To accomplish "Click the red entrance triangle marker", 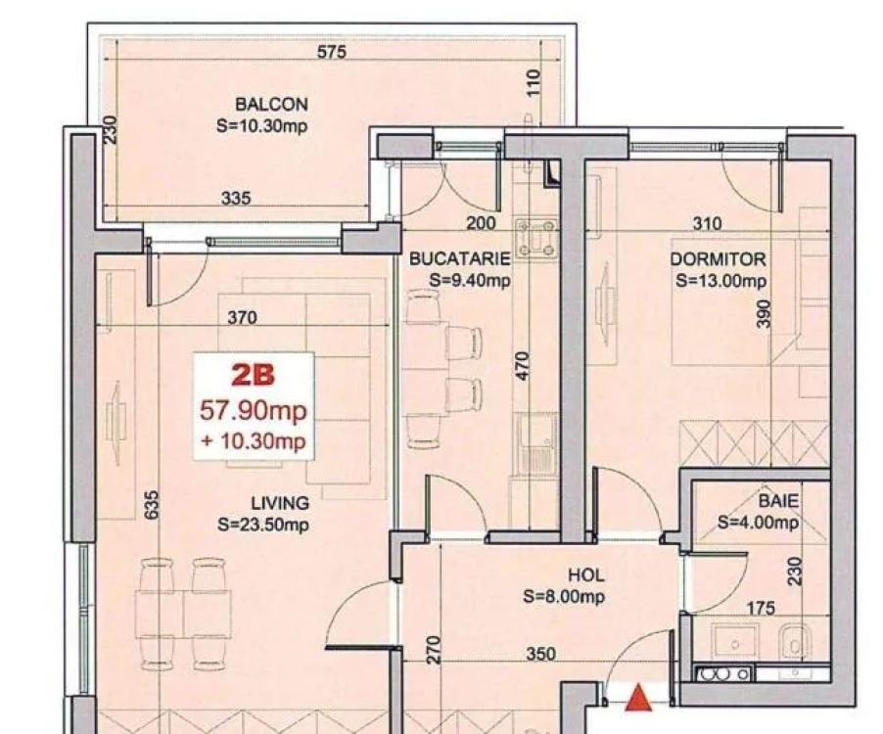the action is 638,697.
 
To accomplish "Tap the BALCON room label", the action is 271,105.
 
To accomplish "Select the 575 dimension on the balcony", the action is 332,52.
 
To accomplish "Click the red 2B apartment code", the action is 254,375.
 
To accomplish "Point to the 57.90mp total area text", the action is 254,410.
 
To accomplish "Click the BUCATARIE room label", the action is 459,259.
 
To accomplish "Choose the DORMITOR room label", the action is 718,259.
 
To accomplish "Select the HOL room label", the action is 586,575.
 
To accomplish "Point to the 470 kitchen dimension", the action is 523,366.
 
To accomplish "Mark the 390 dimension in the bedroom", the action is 763,313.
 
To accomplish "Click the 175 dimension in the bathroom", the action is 761,608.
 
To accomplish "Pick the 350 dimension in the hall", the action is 541,654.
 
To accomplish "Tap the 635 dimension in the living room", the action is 152,505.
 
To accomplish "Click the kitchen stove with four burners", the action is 536,237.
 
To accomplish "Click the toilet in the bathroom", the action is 795,642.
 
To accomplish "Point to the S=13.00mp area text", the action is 720,281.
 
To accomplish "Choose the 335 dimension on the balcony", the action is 236,198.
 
